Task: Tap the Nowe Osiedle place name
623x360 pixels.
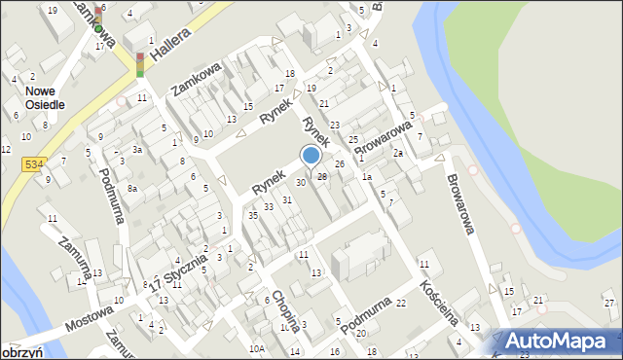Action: pyautogui.click(x=38, y=97)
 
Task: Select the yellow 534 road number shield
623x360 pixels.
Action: pyautogui.click(x=36, y=166)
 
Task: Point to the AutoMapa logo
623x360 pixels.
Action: pyautogui.click(x=559, y=341)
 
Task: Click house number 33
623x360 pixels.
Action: pyautogui.click(x=268, y=207)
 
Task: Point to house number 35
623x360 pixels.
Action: pyautogui.click(x=252, y=216)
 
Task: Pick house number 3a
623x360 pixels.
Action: pyautogui.click(x=138, y=151)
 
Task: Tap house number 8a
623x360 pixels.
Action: pyautogui.click(x=132, y=188)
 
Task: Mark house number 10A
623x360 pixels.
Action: pyautogui.click(x=257, y=348)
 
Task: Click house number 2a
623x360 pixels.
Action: pyautogui.click(x=397, y=154)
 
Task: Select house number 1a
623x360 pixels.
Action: pyautogui.click(x=366, y=177)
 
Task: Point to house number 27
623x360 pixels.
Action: pyautogui.click(x=608, y=304)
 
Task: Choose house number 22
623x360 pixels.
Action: pyautogui.click(x=401, y=305)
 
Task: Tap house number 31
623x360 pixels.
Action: pyautogui.click(x=287, y=199)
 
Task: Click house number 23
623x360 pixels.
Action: pyautogui.click(x=334, y=125)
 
